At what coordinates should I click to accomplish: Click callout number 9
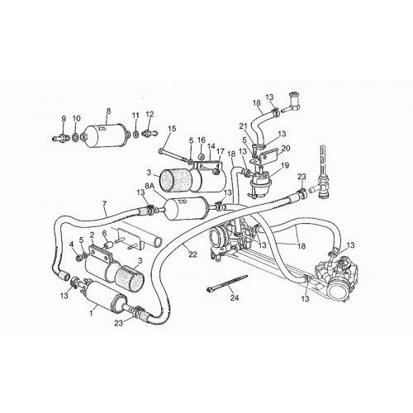(64, 119)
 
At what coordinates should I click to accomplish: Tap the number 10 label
(76, 118)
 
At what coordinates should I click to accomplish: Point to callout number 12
(150, 114)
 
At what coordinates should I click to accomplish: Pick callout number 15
(172, 129)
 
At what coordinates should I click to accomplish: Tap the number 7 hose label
(104, 204)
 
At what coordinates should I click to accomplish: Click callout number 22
(192, 254)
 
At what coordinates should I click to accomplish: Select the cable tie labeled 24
(227, 282)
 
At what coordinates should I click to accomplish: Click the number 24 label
(235, 297)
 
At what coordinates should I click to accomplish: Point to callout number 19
(285, 165)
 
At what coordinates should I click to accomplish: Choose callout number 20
(286, 148)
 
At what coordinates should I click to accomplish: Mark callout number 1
(93, 314)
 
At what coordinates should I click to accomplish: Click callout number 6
(104, 233)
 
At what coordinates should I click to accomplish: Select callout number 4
(71, 244)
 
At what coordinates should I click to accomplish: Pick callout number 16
(202, 140)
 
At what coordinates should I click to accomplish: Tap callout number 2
(92, 235)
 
